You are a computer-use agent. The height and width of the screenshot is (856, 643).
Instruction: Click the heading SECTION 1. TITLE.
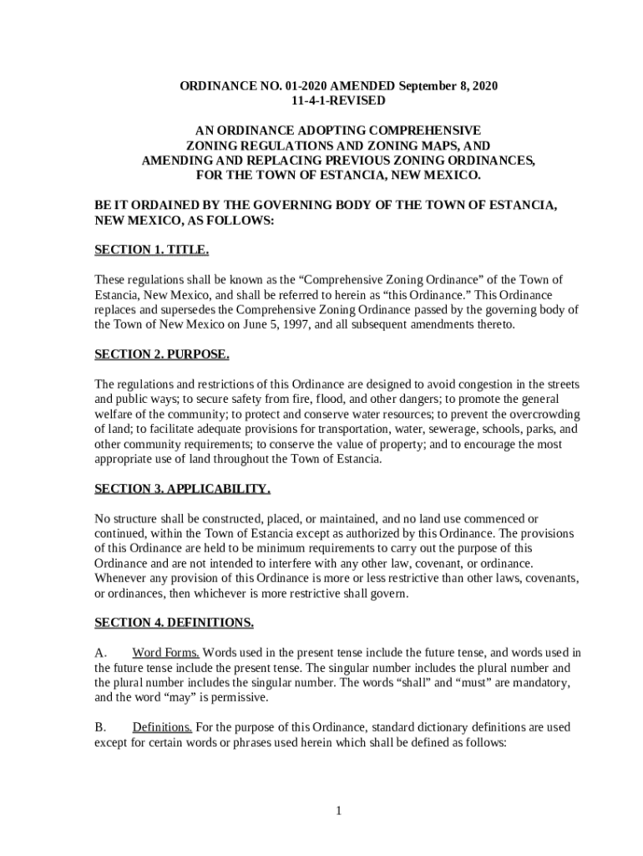tap(152, 250)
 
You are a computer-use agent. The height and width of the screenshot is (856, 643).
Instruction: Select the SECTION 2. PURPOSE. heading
tap(162, 354)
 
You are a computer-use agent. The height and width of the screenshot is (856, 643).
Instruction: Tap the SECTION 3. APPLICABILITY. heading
tap(182, 488)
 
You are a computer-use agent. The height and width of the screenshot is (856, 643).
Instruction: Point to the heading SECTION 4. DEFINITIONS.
tap(174, 623)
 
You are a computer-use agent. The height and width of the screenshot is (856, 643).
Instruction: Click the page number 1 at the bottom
tap(339, 810)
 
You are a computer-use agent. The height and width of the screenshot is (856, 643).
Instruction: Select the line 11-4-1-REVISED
tap(338, 100)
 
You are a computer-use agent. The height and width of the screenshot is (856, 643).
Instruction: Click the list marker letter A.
tap(99, 653)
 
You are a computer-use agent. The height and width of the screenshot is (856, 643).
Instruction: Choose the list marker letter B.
tap(99, 727)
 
